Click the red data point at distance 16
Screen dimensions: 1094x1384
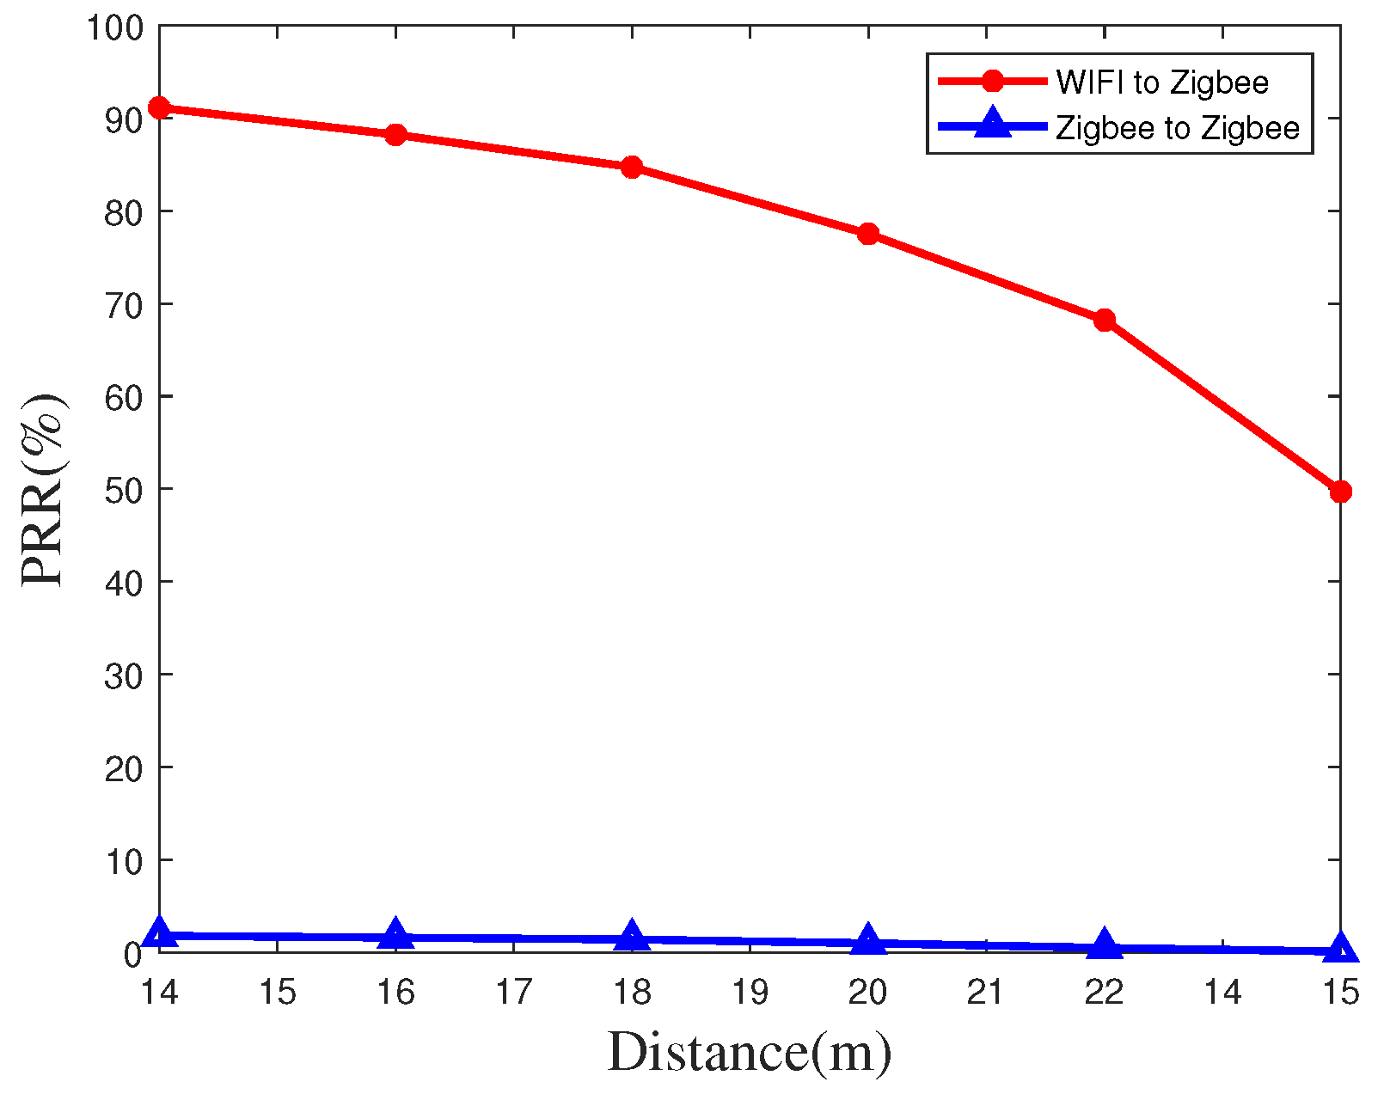tap(395, 135)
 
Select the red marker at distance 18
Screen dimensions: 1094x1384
tap(632, 167)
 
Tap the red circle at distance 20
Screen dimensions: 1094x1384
tap(868, 234)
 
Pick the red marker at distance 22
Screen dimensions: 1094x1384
tap(1105, 321)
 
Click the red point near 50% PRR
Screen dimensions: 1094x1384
tap(1340, 492)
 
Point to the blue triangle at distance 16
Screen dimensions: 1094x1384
tap(395, 934)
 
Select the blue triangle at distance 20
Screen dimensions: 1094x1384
tap(868, 940)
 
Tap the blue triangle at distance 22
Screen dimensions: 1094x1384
tap(1105, 945)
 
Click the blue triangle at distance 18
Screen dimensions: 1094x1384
tap(632, 937)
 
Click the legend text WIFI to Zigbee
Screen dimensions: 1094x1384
tap(1162, 83)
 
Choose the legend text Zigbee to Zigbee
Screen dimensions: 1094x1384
tap(1178, 128)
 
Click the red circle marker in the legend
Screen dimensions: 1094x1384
tap(993, 81)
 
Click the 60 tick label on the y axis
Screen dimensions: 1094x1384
tap(122, 397)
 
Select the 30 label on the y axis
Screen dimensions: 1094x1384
tap(122, 675)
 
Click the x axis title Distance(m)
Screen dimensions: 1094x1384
tap(750, 1053)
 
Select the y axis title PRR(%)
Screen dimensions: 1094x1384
tap(43, 490)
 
